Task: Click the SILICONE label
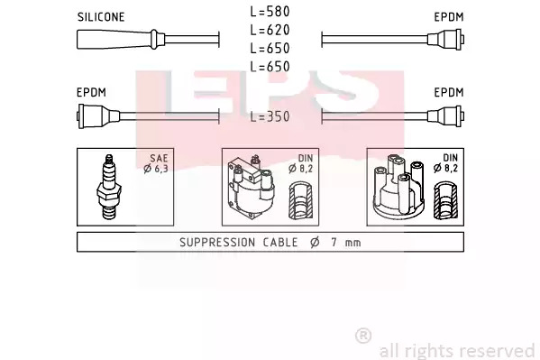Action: click(x=101, y=17)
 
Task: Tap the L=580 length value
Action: click(x=270, y=12)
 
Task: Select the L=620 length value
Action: click(x=270, y=30)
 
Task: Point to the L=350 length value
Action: click(x=270, y=116)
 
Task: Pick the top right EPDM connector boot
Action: click(x=446, y=39)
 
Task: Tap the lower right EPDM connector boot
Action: click(x=446, y=116)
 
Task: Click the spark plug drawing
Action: click(x=109, y=187)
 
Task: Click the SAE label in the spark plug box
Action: click(x=159, y=158)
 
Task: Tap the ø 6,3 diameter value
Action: click(x=156, y=169)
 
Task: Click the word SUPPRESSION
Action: click(x=217, y=243)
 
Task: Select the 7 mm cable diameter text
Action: click(x=346, y=243)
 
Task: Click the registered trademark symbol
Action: click(x=363, y=336)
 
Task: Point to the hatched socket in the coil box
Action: click(x=300, y=201)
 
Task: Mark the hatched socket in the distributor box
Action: click(x=445, y=201)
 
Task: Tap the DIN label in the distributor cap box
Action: click(x=450, y=158)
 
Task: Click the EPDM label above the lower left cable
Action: click(x=91, y=92)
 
